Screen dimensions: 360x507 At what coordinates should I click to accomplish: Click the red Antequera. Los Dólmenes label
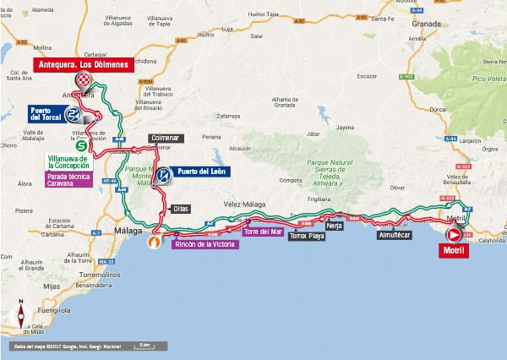click(x=82, y=64)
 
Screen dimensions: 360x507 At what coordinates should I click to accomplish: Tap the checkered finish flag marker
click(x=84, y=80)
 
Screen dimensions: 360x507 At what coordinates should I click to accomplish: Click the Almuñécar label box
click(x=395, y=236)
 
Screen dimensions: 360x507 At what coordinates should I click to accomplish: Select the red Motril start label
click(x=454, y=249)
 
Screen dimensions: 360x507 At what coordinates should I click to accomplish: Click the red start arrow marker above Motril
click(x=454, y=235)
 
